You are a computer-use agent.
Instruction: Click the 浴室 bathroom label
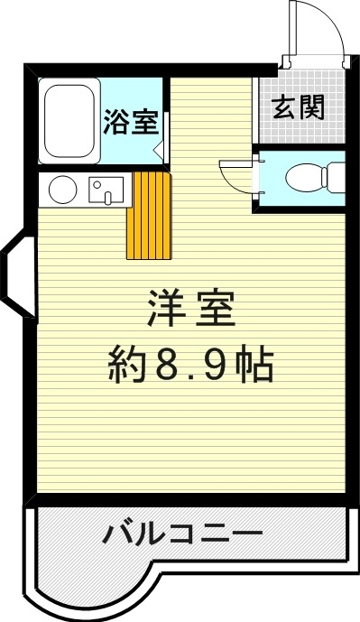coord(131,123)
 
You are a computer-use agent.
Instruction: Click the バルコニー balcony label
coord(181,534)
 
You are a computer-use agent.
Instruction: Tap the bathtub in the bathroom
coord(70,123)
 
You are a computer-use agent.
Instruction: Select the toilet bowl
coord(303,178)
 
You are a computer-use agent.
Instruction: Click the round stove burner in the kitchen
coord(62,190)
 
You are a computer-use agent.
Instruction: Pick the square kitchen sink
coord(106,190)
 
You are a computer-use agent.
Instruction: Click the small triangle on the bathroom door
coord(157,150)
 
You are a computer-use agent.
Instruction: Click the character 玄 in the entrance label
coord(283,108)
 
